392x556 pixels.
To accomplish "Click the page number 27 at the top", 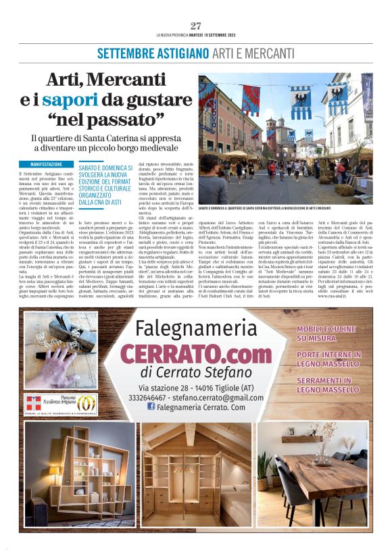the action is point(196,26).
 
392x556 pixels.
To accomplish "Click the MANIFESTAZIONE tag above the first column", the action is point(47,164).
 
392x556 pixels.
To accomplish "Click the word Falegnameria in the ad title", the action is point(194,329).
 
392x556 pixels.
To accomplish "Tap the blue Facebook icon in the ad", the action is point(151,407).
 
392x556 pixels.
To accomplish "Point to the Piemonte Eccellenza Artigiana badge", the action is point(62,403).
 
